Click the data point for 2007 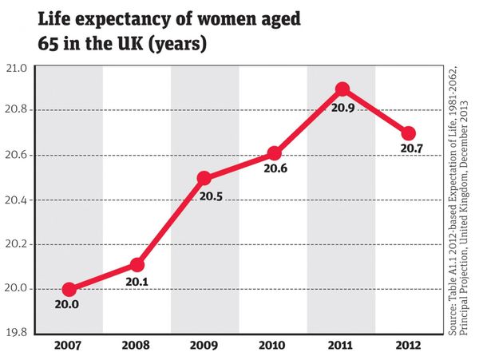69,289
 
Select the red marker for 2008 137,264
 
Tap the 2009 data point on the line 205,177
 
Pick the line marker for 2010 274,153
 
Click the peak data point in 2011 342,89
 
